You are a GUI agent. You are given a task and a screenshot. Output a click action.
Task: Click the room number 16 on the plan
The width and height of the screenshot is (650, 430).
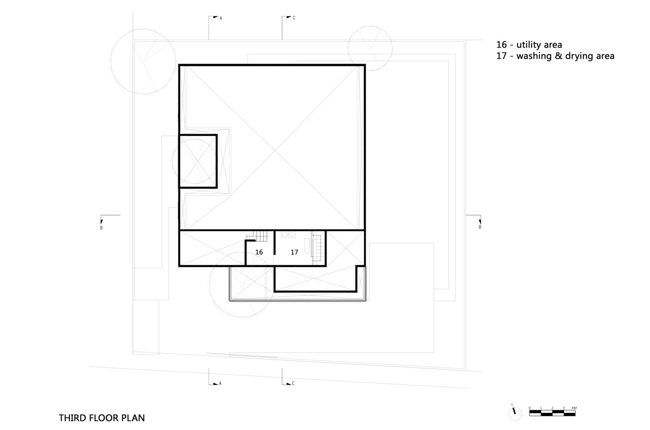coord(259,252)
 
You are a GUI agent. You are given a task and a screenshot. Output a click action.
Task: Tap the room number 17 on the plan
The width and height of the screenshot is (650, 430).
coord(294,252)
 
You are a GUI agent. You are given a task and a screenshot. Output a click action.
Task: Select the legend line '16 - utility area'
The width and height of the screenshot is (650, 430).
coord(529,45)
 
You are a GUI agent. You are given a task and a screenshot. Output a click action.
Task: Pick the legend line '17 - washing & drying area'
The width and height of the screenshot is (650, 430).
coord(555,56)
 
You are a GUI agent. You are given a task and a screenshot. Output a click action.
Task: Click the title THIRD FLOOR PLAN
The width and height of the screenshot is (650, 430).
coord(102,418)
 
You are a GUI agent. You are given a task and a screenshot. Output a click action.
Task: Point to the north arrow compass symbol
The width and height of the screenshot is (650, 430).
coord(514,413)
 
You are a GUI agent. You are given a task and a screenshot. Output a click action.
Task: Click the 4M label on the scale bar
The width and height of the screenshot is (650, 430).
coord(574,408)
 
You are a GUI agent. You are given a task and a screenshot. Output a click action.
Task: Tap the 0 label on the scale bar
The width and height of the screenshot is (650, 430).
coord(530,408)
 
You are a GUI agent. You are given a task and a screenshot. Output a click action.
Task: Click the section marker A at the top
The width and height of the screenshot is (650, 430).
coord(221,18)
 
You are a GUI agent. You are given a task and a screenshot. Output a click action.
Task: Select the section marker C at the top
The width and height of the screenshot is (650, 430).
coord(294,18)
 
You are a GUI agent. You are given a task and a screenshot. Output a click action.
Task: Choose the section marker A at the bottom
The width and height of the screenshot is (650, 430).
coord(220,383)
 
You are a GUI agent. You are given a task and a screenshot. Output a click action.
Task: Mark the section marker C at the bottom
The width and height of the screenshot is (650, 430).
coord(293,383)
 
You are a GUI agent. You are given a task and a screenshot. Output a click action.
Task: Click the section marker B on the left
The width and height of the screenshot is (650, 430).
coord(102,227)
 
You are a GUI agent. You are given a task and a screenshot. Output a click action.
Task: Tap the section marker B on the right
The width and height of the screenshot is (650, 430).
coord(480,227)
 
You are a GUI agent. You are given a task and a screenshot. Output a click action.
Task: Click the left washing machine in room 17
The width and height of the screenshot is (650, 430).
coord(284,235)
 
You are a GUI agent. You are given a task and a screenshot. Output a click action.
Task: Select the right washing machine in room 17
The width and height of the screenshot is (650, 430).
coord(292,235)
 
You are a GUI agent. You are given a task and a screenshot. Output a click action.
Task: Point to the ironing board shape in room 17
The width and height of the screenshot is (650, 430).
coord(305,247)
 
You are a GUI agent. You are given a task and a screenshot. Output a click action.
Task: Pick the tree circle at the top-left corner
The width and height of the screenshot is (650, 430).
coord(143,61)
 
